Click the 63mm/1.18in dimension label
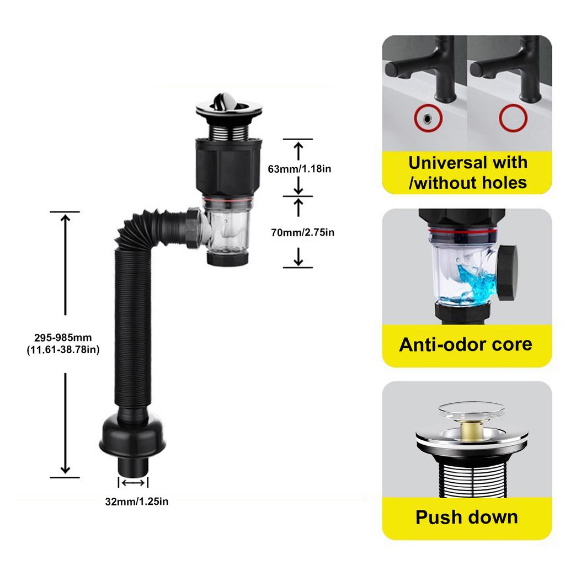(299, 169)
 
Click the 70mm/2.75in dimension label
(302, 232)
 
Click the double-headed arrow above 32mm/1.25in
(134, 483)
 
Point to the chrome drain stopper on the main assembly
(222, 105)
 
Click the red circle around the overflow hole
(425, 118)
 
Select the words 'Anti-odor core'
(466, 344)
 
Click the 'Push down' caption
(466, 517)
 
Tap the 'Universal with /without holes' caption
(467, 172)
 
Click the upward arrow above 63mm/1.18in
(299, 150)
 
